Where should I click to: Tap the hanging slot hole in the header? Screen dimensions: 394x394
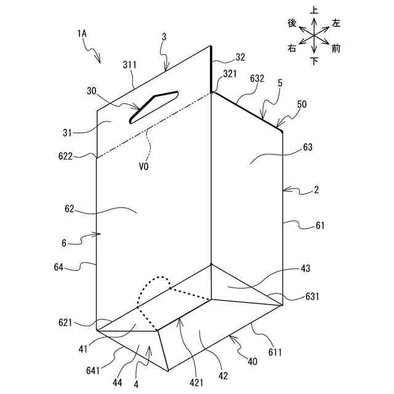click(153, 105)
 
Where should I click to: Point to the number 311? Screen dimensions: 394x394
click(129, 63)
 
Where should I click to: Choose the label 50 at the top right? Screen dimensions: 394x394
click(302, 105)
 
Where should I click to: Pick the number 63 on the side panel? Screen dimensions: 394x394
click(307, 148)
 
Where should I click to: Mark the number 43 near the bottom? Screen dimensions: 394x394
click(306, 268)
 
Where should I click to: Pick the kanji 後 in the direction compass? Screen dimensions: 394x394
click(292, 23)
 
